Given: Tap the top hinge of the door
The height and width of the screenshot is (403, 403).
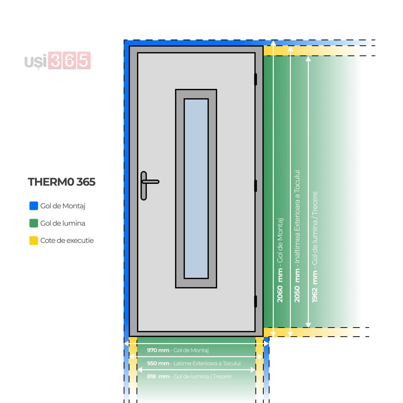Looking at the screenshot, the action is pos(255,79).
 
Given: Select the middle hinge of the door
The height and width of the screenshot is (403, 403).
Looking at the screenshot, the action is pos(255,186).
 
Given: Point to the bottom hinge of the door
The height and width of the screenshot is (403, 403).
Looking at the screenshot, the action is pos(255,301).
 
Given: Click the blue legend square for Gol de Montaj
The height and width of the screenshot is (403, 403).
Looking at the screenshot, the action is pos(34,206).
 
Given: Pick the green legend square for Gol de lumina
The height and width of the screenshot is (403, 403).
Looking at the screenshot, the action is pos(34,223).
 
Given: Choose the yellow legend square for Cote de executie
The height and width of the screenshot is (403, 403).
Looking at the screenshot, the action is pos(34,241).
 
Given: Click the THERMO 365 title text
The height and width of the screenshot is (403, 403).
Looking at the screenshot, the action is pos(62,182).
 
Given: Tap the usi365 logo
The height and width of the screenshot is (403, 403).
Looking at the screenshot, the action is pos(58,61).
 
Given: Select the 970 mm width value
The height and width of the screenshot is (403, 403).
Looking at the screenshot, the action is pos(158,350).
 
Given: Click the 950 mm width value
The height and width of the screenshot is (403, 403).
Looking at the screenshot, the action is pos(158,363).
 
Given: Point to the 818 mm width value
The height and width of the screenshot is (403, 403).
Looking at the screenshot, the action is pos(158,376).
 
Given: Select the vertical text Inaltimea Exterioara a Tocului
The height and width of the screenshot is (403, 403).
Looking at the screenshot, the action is pos(297,217).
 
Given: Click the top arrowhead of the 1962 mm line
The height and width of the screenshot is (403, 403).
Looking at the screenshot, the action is pos(308,59).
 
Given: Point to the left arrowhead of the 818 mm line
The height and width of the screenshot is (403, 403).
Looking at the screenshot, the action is pos(140,370).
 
